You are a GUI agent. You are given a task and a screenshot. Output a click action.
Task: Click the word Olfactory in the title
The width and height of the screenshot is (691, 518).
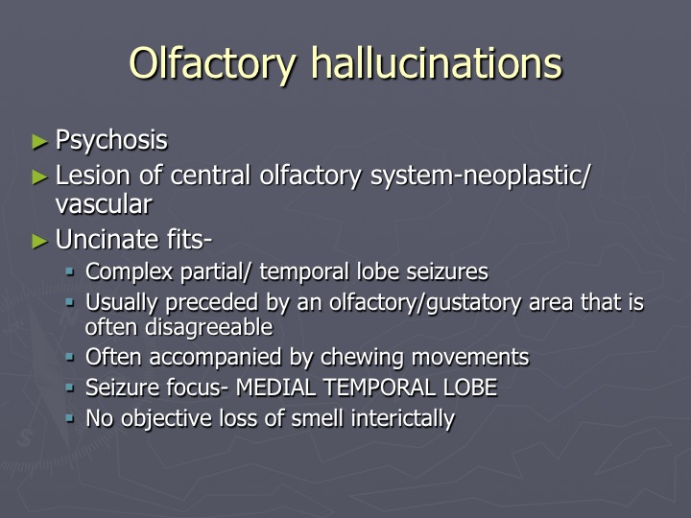point(212,64)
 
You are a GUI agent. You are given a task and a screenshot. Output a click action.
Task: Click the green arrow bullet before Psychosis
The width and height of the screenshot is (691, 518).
point(39,142)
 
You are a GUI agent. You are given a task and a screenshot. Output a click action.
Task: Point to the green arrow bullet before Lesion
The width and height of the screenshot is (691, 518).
point(39,177)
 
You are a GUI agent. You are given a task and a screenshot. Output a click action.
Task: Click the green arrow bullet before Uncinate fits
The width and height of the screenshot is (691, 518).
point(39,242)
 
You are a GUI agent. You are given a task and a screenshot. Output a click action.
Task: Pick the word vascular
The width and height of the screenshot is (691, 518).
point(104,205)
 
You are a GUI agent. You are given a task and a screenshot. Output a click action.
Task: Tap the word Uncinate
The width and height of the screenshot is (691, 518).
point(107,240)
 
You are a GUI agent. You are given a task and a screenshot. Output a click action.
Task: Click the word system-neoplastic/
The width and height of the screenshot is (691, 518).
point(480,177)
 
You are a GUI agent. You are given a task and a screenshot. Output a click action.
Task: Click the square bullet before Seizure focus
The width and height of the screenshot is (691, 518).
point(70,388)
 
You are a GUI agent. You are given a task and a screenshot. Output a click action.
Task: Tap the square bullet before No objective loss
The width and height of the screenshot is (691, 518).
point(70,418)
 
